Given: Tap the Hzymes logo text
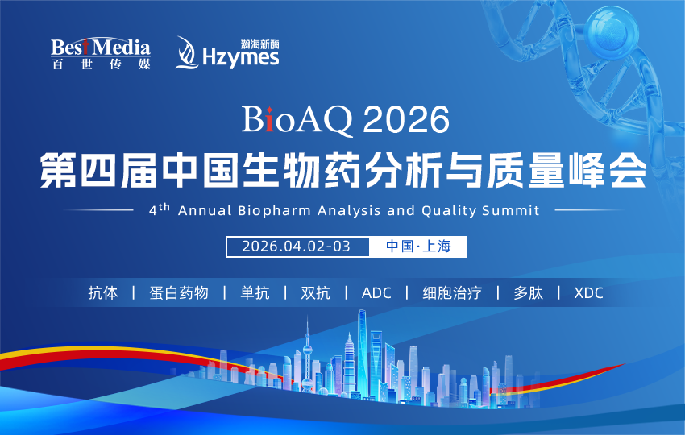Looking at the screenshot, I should point(240,58).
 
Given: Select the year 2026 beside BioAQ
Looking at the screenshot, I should point(405,121).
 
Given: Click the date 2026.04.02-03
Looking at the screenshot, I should point(296,246).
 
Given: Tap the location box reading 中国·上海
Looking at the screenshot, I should point(417,246).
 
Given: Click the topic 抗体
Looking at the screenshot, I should point(103,292).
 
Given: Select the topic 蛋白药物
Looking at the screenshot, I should point(179,292).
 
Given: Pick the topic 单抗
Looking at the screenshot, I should point(255,292).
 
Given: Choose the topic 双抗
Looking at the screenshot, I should point(315,292).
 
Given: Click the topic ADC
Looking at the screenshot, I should point(376,292).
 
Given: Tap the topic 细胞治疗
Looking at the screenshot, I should point(452,292).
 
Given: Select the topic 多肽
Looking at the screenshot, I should point(528,292).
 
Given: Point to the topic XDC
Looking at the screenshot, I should point(588,292).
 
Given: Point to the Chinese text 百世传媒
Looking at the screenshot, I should point(101,64).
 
